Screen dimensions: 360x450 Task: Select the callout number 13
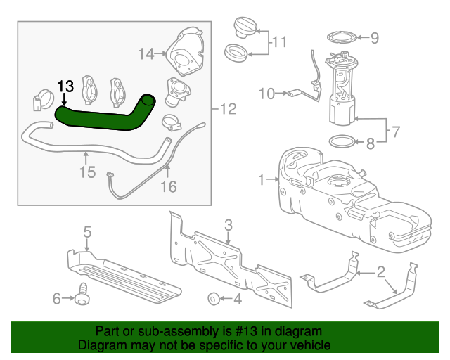click(x=65, y=86)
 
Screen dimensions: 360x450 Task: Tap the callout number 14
click(x=146, y=53)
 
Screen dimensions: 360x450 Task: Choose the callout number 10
click(x=267, y=92)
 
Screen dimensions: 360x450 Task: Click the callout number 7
click(x=395, y=131)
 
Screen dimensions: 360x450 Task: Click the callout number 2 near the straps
click(x=380, y=271)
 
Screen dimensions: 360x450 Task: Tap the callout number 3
click(x=229, y=225)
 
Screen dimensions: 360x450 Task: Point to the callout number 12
click(x=229, y=110)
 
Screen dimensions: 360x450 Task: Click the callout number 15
click(x=86, y=171)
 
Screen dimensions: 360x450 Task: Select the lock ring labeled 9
click(x=342, y=37)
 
